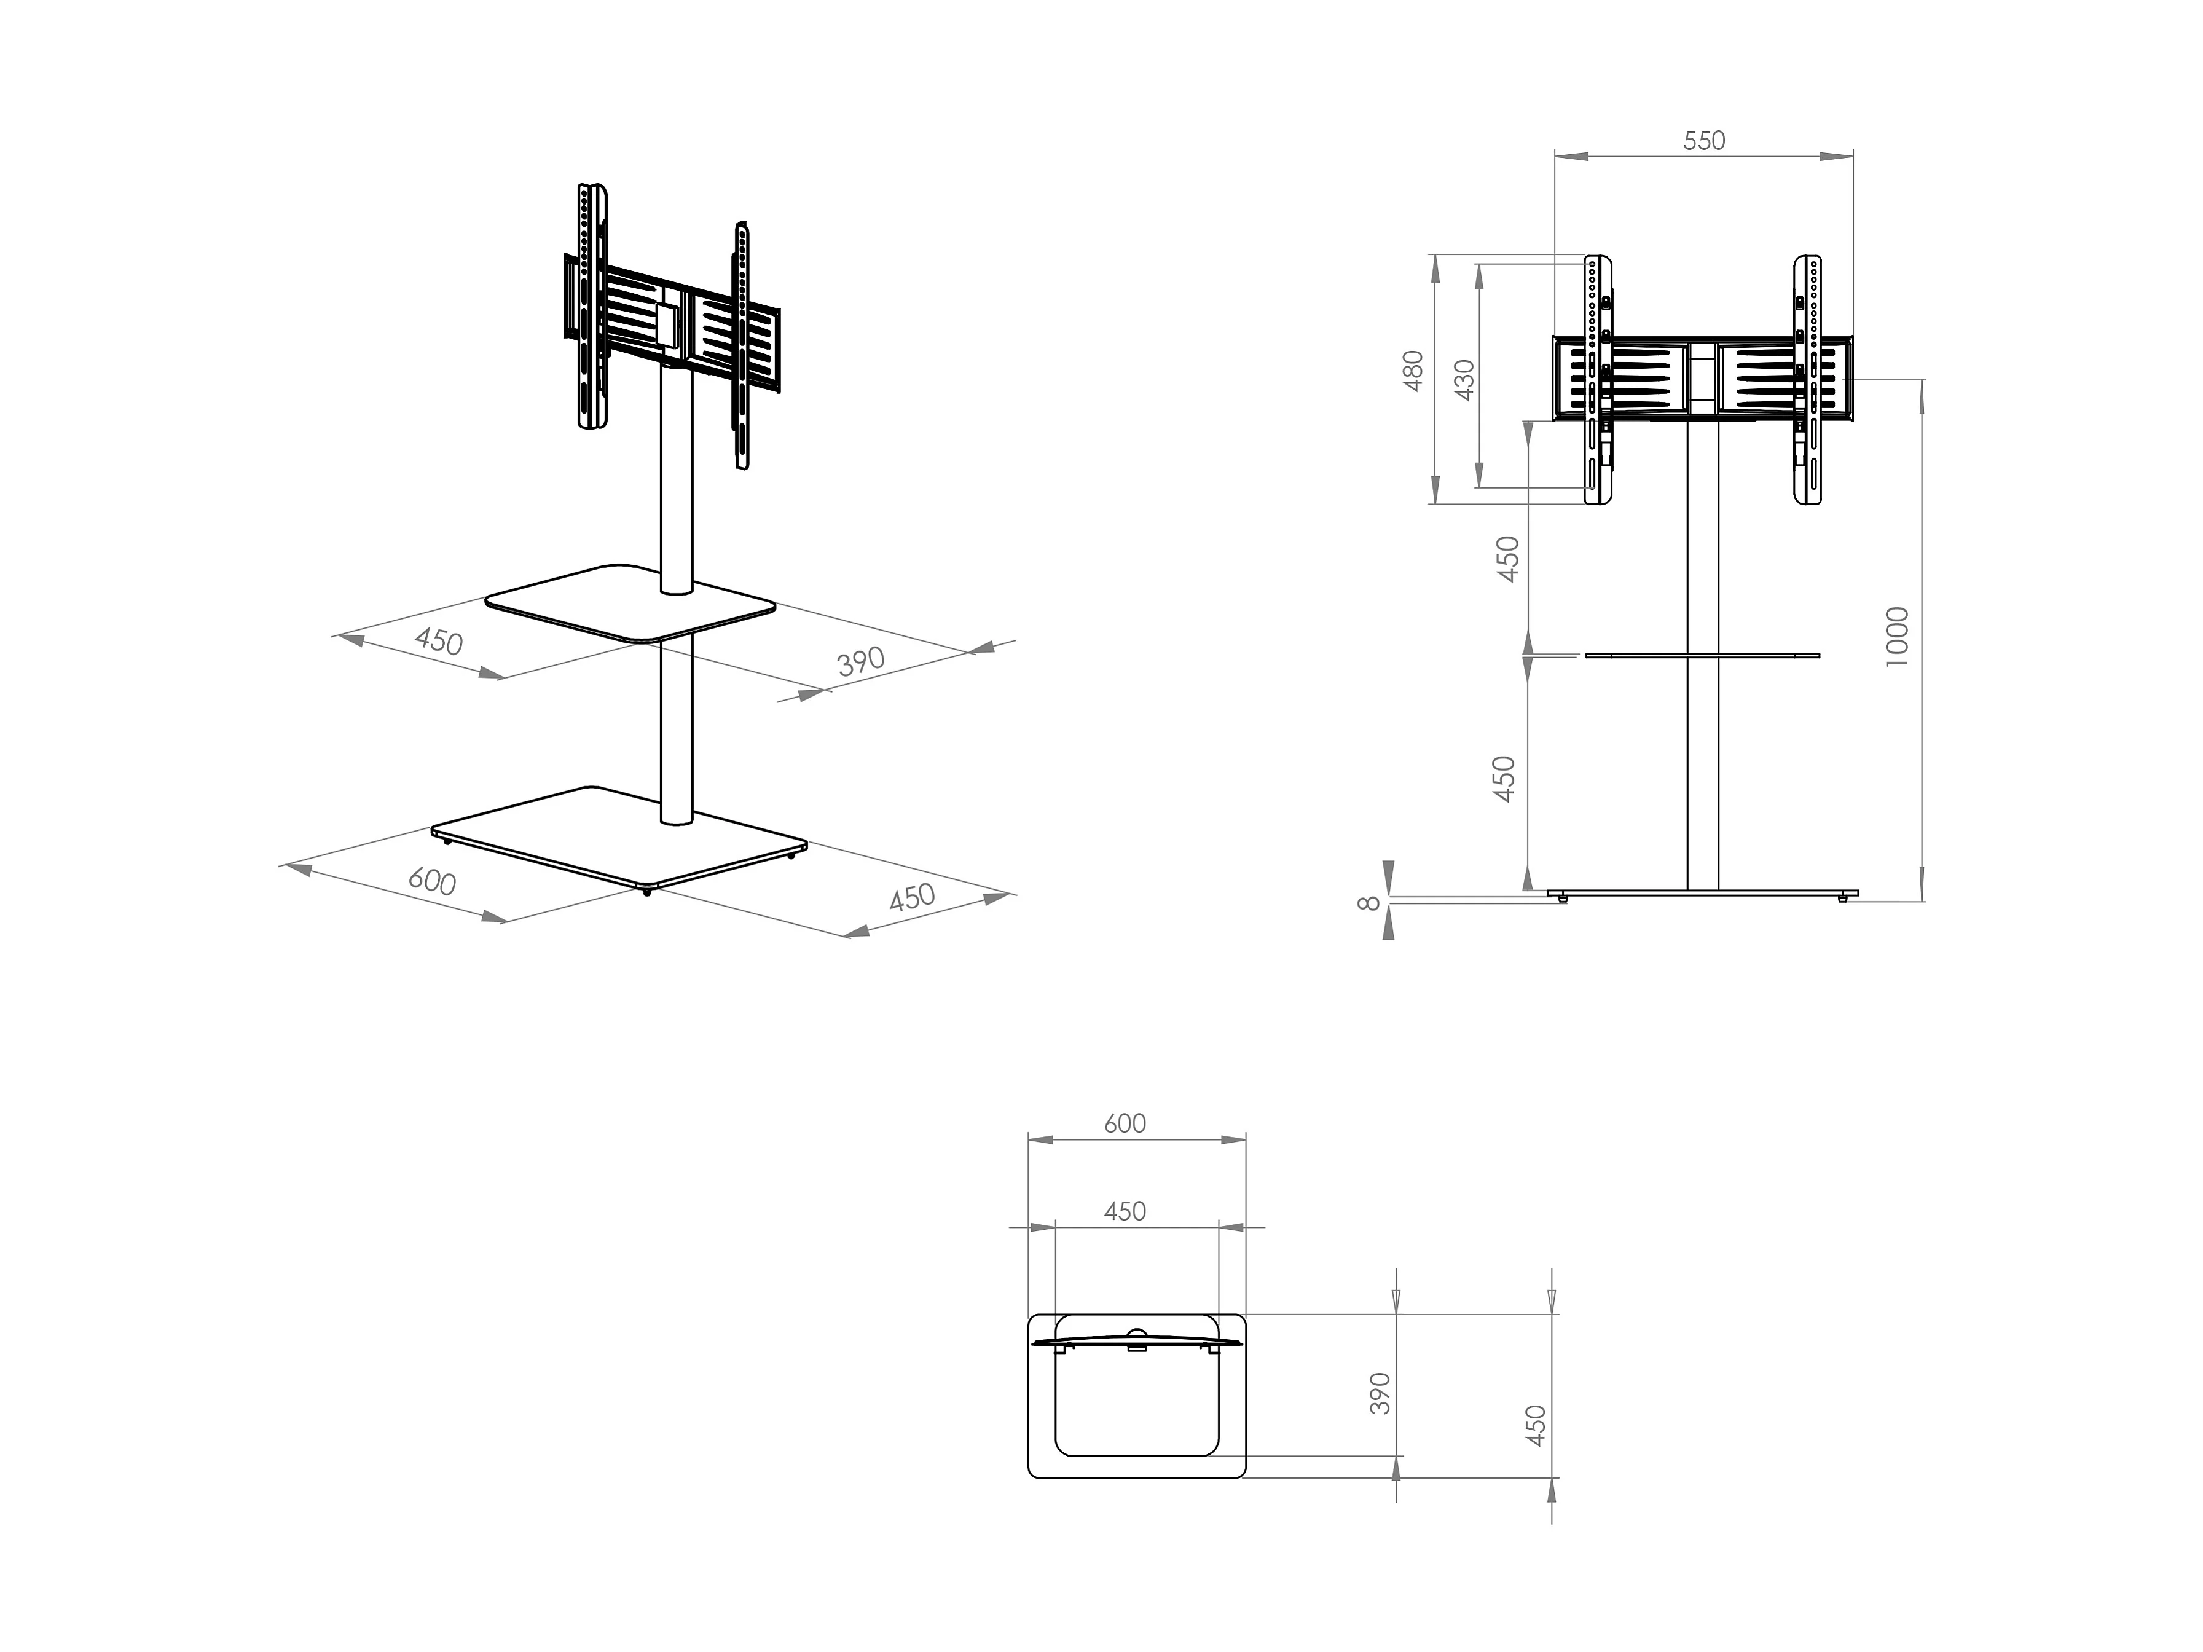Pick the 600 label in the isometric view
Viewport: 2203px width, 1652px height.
click(432, 881)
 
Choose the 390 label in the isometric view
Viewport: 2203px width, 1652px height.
click(860, 660)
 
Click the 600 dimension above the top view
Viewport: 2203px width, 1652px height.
click(1125, 1123)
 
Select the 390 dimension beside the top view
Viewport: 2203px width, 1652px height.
click(1380, 1393)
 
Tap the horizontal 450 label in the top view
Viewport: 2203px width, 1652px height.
click(1125, 1211)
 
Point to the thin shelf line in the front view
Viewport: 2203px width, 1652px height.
click(1703, 655)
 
